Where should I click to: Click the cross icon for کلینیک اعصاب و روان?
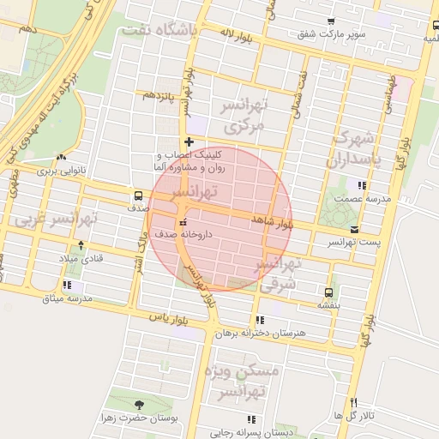pyautogui.click(x=189, y=141)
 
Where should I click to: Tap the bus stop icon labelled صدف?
pyautogui.click(x=139, y=195)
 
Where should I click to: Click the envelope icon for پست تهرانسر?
pyautogui.click(x=355, y=229)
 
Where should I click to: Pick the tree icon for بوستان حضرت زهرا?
pyautogui.click(x=139, y=405)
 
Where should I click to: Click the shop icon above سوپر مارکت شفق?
pyautogui.click(x=331, y=21)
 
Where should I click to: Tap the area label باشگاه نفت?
pyautogui.click(x=171, y=29)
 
